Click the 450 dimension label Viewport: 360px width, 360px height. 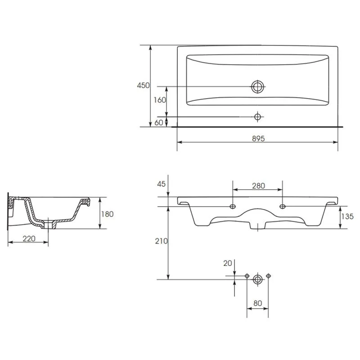(x=143, y=85)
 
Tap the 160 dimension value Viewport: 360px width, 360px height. (x=160, y=100)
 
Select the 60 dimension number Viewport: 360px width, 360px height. (x=159, y=122)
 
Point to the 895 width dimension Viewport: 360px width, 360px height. (x=258, y=139)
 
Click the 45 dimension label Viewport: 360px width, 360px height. (x=161, y=184)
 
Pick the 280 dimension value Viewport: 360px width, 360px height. (x=258, y=185)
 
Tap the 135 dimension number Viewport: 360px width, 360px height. (x=347, y=216)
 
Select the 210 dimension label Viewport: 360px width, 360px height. (x=162, y=241)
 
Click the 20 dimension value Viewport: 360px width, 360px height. (x=228, y=263)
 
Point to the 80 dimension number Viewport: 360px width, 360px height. (x=257, y=303)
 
